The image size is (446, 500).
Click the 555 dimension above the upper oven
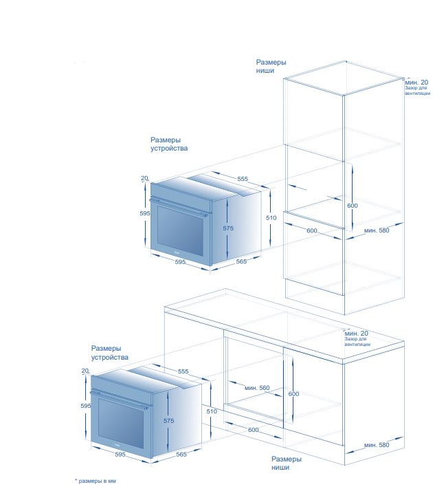pos(243,179)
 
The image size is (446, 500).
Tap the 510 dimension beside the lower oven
pos(212,411)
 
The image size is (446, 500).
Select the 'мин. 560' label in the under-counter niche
pos(257,388)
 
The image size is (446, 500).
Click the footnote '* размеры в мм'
pos(96,481)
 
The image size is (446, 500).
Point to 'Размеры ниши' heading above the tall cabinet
pos(271,66)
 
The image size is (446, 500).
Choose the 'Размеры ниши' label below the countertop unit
pos(287,463)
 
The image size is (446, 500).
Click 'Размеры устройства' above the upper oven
pos(169,144)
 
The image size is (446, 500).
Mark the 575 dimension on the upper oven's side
pos(228,228)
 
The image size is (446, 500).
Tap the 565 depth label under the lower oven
pos(181,454)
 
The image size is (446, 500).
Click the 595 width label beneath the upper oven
pos(180,262)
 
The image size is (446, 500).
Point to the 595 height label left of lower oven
pos(86,406)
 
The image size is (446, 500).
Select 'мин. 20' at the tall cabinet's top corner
pos(416,83)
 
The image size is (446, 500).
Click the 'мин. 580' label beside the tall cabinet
pos(377,230)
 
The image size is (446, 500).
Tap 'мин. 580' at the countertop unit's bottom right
pos(377,445)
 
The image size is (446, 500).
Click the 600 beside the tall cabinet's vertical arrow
pos(353,206)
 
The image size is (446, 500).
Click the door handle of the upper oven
pos(179,207)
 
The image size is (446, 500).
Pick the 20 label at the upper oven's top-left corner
pos(144,178)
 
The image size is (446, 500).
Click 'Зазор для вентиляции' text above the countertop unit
pos(357,342)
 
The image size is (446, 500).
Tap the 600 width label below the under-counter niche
pos(254,430)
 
